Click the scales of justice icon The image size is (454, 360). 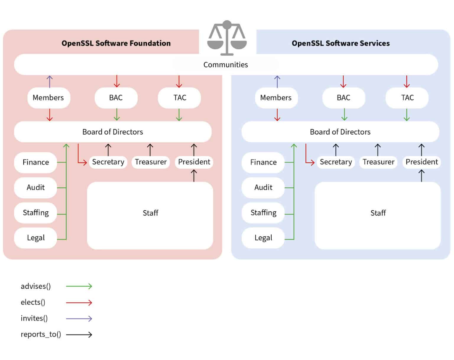coord(227,38)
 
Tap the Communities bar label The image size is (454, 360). coord(226,65)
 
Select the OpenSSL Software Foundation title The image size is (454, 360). coord(116,43)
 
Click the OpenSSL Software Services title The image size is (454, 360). coord(340,43)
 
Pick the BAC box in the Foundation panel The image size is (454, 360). coord(116,98)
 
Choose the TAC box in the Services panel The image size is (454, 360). coord(407,98)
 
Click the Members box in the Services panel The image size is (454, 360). coord(276,98)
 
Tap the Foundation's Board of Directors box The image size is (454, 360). coord(113,132)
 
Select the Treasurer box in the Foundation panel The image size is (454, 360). coord(151,162)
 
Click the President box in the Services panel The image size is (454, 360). coord(421,162)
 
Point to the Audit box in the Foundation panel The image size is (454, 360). coord(35,187)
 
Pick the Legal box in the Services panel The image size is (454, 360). coord(263,238)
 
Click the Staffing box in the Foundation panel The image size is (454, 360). coord(35,213)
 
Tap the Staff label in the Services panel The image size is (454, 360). coord(378,213)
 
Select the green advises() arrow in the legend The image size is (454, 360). coord(79,286)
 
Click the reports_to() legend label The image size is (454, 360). coord(41,334)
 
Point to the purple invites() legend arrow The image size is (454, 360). coord(79,319)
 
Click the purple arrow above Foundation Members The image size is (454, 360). coord(50,82)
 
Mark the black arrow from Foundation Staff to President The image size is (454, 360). coord(194,176)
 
